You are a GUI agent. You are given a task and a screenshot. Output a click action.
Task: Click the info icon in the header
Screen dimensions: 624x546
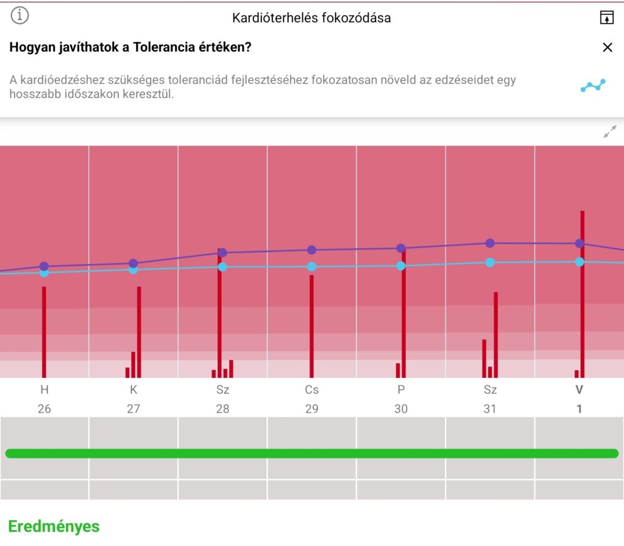point(19,15)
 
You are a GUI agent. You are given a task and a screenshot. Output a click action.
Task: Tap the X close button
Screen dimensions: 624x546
point(608,47)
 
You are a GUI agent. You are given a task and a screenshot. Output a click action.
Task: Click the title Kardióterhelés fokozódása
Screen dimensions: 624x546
point(311,18)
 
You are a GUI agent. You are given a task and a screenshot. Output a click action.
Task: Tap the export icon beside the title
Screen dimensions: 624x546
point(606,18)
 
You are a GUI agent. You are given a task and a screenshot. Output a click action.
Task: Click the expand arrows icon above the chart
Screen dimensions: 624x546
point(609,131)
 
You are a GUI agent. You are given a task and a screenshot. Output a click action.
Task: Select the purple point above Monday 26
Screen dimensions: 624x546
point(44,266)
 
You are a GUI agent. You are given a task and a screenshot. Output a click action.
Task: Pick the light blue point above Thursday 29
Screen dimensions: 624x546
point(311,266)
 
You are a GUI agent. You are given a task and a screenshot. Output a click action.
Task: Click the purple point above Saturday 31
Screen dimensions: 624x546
point(490,243)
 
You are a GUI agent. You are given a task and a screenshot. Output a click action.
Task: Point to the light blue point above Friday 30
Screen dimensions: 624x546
point(401,266)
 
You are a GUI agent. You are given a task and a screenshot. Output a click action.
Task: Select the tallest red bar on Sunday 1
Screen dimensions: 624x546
point(583,294)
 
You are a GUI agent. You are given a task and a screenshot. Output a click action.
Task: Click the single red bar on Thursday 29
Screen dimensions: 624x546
point(311,326)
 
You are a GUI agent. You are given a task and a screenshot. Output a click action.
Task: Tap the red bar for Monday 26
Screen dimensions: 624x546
point(44,332)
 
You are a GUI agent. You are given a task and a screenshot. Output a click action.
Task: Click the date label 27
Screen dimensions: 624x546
point(133,408)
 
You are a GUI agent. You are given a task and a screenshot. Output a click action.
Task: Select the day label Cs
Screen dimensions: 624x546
point(311,390)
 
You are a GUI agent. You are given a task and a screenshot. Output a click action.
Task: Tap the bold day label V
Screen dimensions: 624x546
point(580,390)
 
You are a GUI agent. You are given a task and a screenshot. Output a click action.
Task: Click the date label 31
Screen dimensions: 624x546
point(490,408)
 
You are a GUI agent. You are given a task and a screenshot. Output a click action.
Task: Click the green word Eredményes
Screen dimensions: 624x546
point(54,527)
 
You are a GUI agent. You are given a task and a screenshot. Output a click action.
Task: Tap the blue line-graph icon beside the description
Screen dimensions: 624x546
point(593,85)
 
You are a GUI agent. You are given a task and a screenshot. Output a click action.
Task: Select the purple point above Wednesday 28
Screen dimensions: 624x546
point(222,253)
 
